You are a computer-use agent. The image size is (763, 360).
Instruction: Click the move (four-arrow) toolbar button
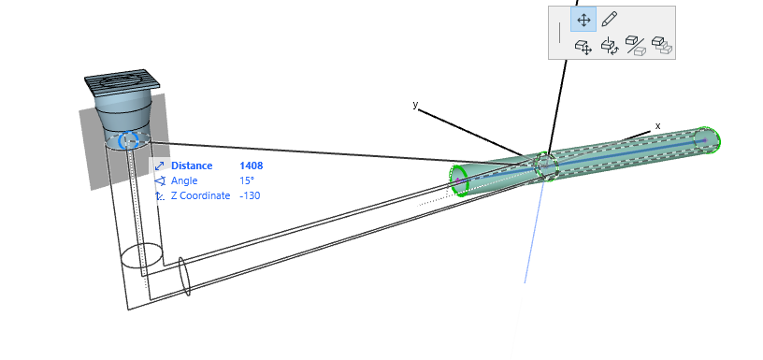click(583, 20)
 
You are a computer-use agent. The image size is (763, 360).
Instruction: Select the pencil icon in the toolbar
click(610, 20)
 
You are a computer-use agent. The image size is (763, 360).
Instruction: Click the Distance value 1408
click(252, 166)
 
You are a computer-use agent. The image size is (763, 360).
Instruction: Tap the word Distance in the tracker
click(192, 166)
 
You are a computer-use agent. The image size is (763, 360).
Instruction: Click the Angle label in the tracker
click(184, 181)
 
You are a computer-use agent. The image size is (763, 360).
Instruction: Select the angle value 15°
click(247, 181)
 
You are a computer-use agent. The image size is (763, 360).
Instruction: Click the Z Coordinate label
click(200, 196)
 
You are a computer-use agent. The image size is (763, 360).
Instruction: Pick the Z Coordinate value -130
click(250, 196)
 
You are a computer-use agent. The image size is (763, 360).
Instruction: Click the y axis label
click(415, 105)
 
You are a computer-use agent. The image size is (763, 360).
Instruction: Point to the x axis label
click(658, 126)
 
